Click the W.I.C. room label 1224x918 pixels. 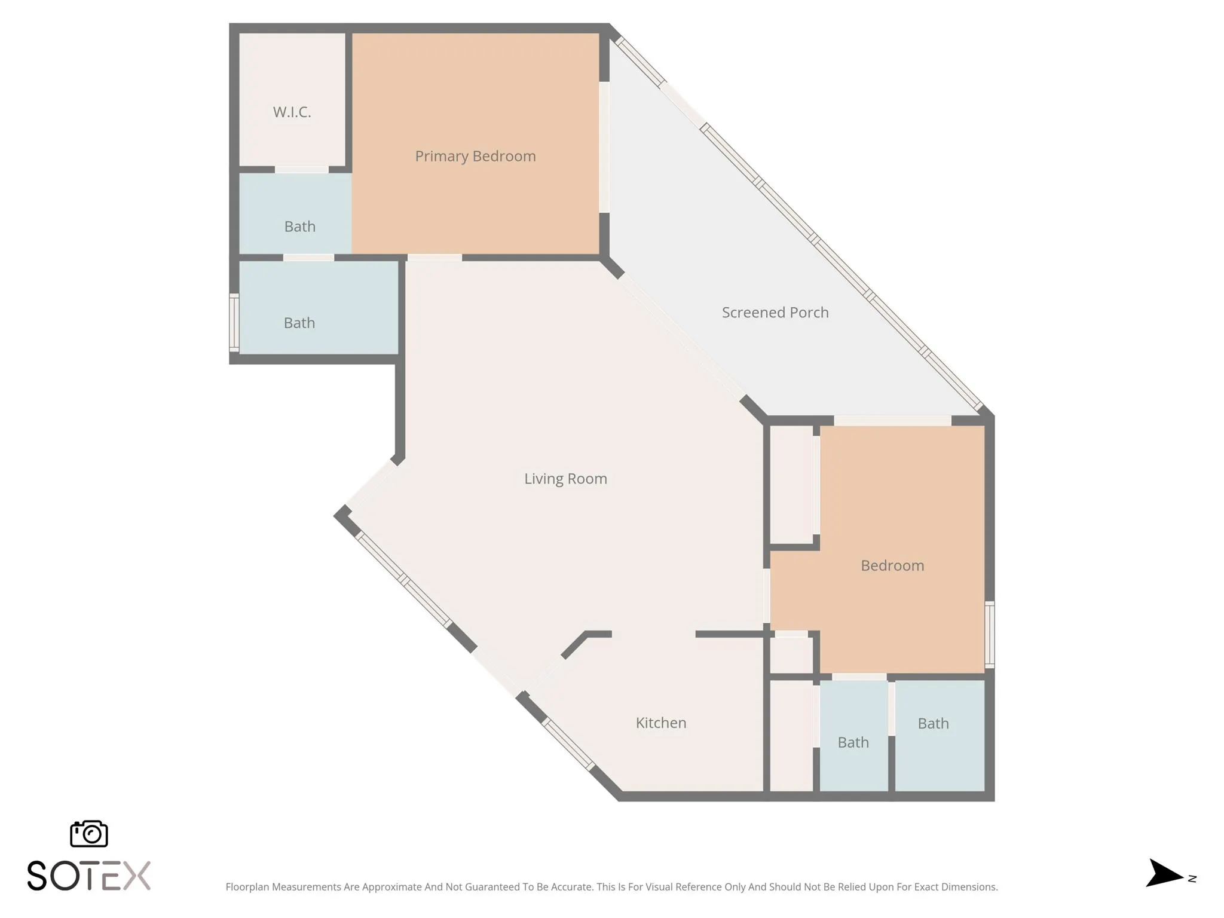click(x=292, y=112)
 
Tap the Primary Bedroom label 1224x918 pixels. click(x=475, y=156)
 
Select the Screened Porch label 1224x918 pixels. click(x=775, y=313)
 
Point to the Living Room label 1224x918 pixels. click(x=565, y=479)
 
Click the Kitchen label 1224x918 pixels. click(x=660, y=723)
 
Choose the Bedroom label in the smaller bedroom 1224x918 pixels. click(x=892, y=565)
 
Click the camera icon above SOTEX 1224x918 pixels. click(x=88, y=833)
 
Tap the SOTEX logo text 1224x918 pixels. click(x=88, y=876)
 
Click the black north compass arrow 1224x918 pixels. click(x=1163, y=874)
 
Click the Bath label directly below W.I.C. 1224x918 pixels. click(x=299, y=227)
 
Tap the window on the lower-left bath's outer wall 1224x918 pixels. click(x=234, y=322)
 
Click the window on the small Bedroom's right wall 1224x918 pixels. click(x=989, y=634)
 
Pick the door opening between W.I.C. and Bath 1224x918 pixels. click(x=301, y=170)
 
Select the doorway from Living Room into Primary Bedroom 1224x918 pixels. click(x=434, y=258)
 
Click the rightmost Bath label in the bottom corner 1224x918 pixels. click(x=933, y=724)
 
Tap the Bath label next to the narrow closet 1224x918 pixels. click(x=853, y=742)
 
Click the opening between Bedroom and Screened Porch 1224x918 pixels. click(x=892, y=421)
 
